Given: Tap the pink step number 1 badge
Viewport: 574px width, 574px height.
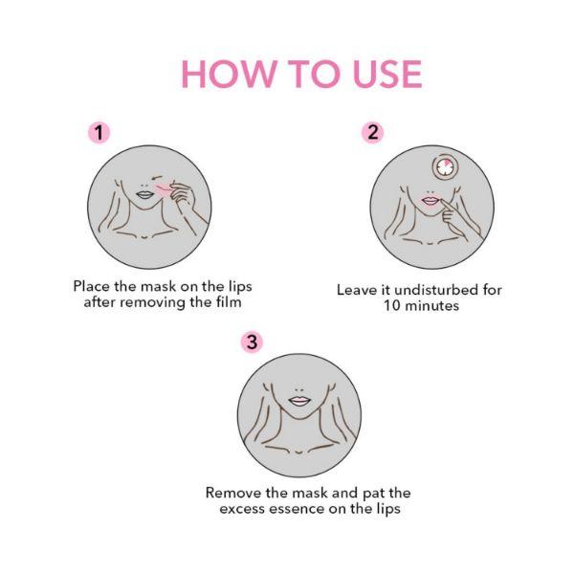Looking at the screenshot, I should [99, 132].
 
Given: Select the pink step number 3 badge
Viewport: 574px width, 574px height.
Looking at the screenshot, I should [250, 342].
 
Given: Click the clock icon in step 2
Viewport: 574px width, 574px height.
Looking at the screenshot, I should [445, 168].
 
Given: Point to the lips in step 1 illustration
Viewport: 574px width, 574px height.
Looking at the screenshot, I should [144, 192].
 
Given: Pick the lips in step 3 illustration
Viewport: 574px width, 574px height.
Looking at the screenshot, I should [299, 401].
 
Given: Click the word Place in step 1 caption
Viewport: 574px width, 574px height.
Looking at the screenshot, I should [93, 286].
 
